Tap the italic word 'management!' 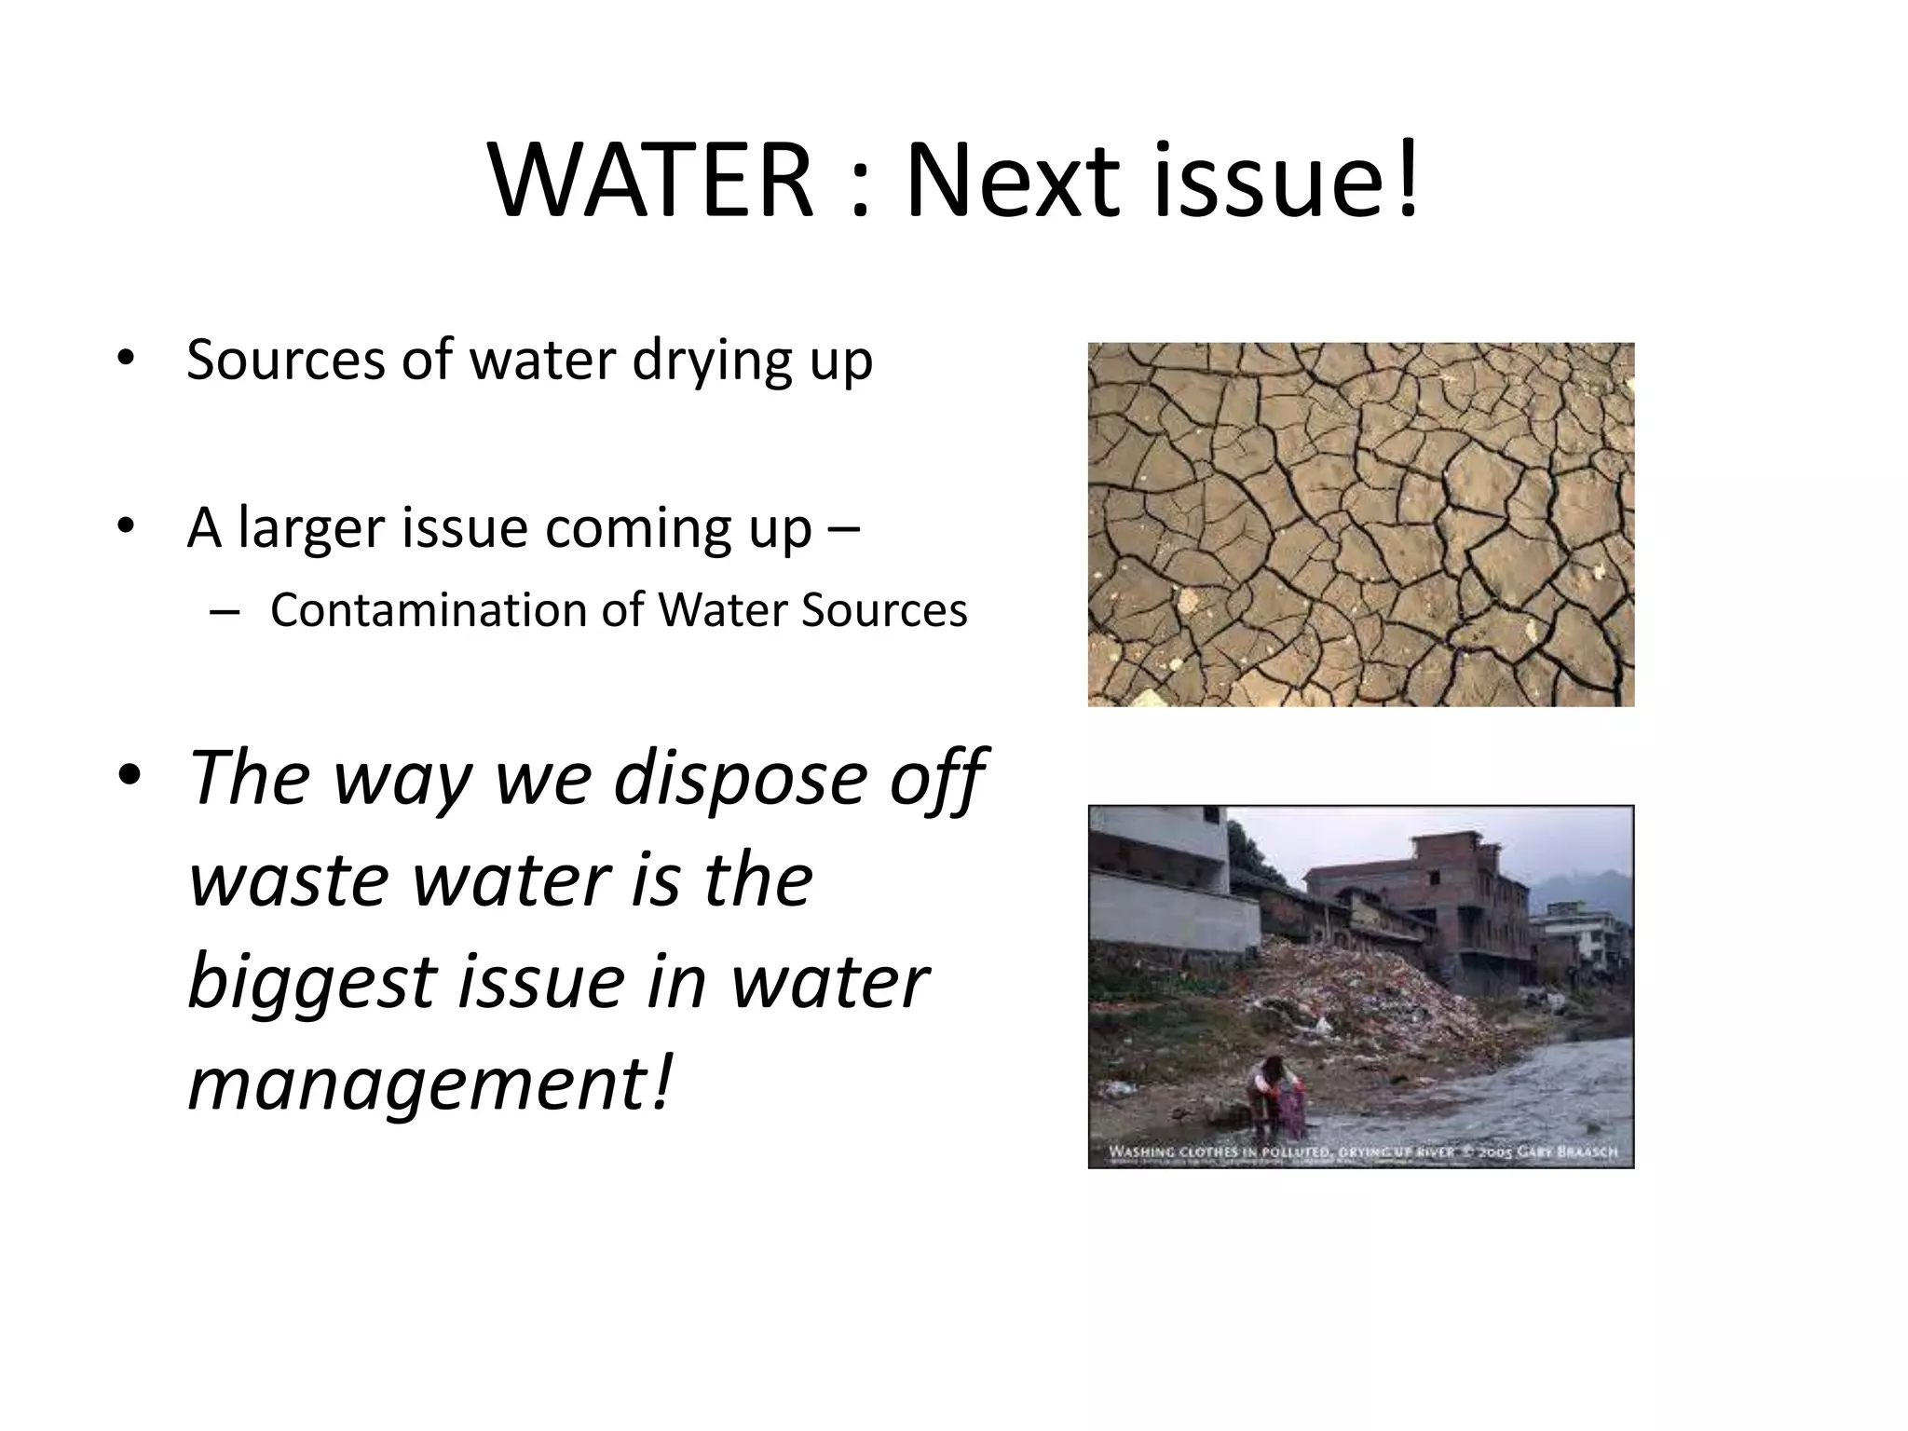click(x=429, y=1083)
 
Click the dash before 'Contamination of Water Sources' click(x=225, y=611)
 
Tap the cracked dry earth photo click(x=1360, y=524)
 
